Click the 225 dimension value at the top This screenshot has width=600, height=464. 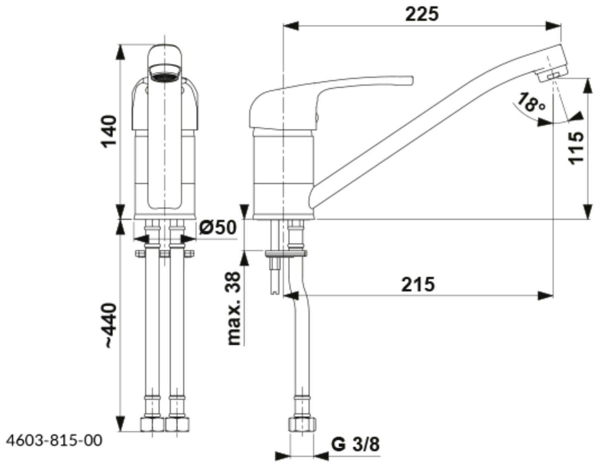click(x=422, y=15)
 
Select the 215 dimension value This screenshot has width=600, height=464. click(x=418, y=285)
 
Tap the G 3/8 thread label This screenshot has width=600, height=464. click(x=355, y=445)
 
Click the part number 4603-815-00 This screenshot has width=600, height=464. click(x=55, y=440)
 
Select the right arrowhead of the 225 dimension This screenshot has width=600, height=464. click(x=554, y=26)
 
